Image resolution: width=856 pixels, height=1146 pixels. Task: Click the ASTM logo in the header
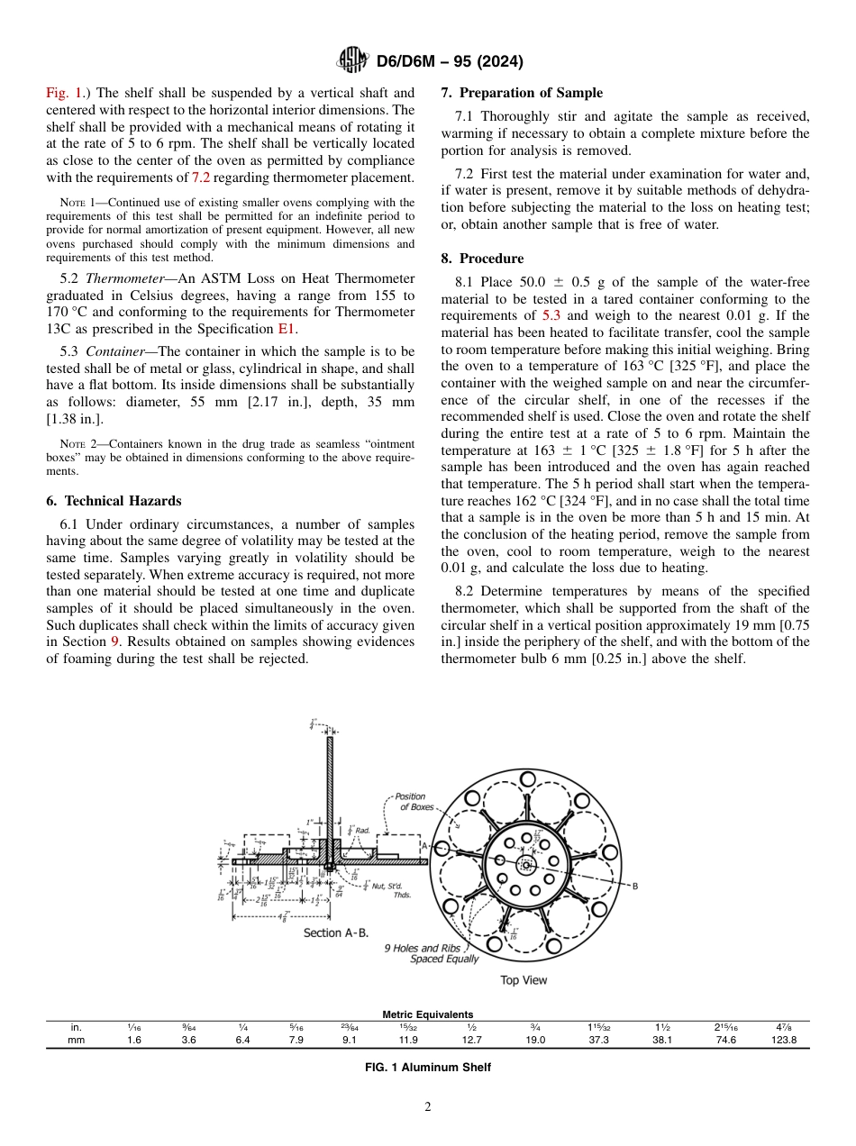click(x=351, y=61)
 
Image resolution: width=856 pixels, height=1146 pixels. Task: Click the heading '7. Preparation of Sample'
click(x=522, y=93)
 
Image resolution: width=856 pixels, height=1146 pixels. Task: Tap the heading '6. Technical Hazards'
click(x=114, y=501)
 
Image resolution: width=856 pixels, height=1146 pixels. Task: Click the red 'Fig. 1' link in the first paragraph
click(x=64, y=92)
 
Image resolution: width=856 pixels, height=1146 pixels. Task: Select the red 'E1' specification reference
click(x=288, y=329)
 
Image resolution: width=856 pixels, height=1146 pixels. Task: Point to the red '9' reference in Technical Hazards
click(x=114, y=641)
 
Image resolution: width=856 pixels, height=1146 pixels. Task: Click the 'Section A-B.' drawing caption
click(x=335, y=932)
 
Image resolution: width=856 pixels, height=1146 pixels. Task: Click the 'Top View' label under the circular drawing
click(x=524, y=979)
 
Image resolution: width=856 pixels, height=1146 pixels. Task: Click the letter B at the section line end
click(x=634, y=886)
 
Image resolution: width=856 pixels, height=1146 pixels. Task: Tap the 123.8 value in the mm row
click(x=786, y=1039)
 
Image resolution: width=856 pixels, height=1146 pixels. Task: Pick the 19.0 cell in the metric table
click(x=535, y=1039)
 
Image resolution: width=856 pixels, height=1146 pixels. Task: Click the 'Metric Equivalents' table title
click(x=427, y=1014)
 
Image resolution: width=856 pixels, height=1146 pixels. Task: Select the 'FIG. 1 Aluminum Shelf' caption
click(x=427, y=1067)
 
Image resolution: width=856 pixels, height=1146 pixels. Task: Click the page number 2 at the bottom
click(x=427, y=1107)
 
